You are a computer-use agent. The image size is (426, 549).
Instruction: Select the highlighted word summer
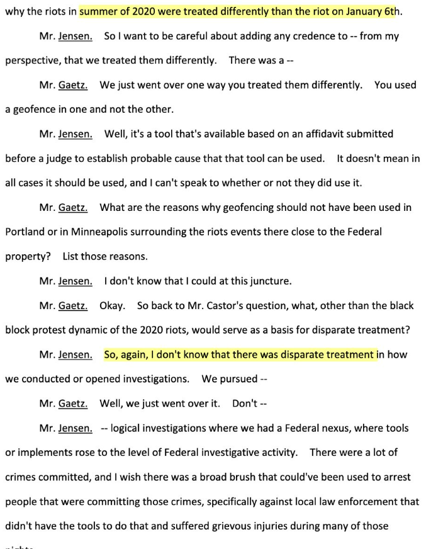98,11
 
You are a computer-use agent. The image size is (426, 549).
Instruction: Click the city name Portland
25,232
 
